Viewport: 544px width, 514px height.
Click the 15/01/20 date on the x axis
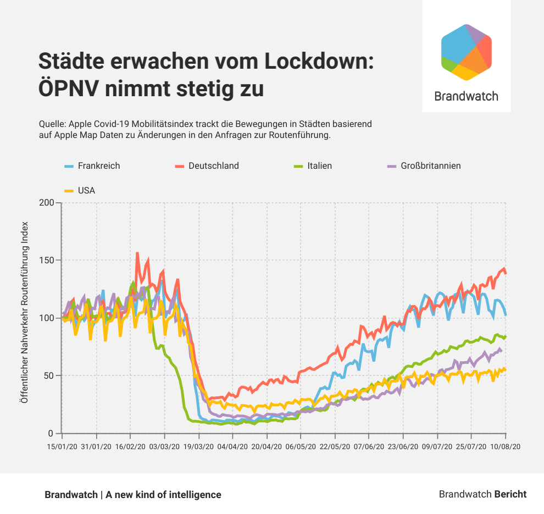[62, 447]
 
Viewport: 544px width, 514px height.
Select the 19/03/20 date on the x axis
[198, 447]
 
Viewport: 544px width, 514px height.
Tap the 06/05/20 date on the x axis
[301, 447]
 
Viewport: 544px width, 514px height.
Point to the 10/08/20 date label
[505, 447]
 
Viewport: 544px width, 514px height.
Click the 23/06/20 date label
[403, 447]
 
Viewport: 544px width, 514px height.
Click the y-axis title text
[24, 313]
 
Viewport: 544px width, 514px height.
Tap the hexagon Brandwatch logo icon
[467, 52]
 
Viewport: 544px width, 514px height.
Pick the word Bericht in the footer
[510, 494]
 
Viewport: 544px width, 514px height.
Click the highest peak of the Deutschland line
[137, 253]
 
